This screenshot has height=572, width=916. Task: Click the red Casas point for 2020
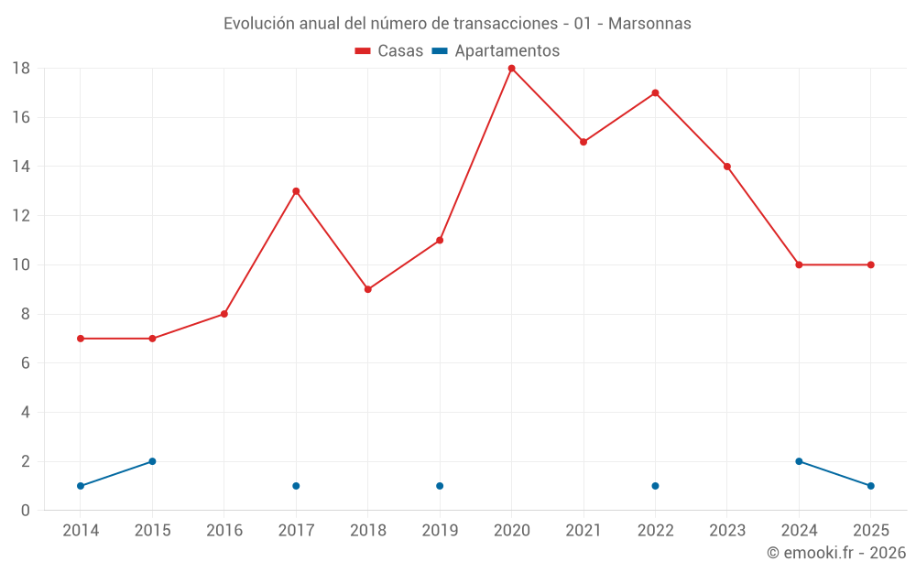(511, 69)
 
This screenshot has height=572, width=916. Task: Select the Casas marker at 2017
(296, 191)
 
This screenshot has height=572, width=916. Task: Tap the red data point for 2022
(655, 92)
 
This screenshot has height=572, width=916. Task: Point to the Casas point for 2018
(367, 289)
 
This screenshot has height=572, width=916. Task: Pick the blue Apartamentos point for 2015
(152, 461)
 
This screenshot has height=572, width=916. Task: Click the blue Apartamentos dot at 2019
(440, 486)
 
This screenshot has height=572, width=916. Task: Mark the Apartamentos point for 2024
(799, 461)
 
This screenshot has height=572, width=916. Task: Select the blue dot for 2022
(655, 486)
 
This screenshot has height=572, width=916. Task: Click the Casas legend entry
(389, 51)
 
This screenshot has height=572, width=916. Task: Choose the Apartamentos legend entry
(496, 51)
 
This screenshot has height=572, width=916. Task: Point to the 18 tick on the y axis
(21, 69)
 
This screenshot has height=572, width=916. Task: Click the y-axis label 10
(21, 265)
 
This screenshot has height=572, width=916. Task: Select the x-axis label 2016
(224, 531)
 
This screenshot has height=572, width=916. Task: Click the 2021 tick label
(583, 531)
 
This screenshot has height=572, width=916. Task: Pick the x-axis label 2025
(871, 531)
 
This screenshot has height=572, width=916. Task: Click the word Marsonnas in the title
(649, 24)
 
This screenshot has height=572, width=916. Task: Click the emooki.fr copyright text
(836, 553)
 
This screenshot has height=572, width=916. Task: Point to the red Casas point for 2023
(727, 167)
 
